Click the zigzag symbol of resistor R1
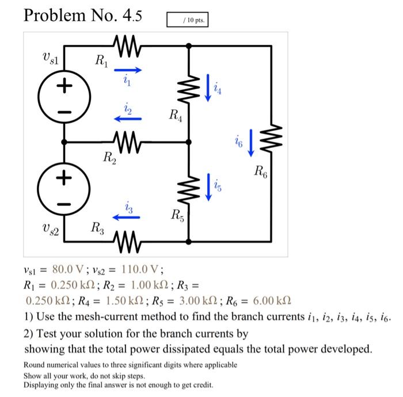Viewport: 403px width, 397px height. coord(127,46)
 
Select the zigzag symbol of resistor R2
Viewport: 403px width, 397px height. coord(127,142)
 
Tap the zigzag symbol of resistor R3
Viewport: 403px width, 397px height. coord(127,242)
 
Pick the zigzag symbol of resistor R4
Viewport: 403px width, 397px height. coord(189,89)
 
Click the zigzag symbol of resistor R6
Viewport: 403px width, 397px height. coord(271,138)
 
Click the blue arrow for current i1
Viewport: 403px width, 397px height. coord(128,70)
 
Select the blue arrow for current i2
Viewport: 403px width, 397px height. coord(128,119)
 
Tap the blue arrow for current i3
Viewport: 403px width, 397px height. coord(127,217)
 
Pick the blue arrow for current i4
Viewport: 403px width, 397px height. coord(208,88)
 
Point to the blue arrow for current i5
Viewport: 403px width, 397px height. coord(208,187)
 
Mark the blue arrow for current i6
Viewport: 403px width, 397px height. coord(251,143)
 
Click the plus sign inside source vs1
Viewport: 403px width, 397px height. coord(64,85)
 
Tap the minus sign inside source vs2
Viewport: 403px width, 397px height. coord(64,204)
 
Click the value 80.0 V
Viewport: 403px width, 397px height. coord(68,269)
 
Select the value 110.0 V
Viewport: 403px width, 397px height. coord(140,269)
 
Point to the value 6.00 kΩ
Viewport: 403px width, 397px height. coord(272,300)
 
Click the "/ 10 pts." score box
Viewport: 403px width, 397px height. coord(187,20)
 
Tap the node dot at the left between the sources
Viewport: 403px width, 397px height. coord(64,142)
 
